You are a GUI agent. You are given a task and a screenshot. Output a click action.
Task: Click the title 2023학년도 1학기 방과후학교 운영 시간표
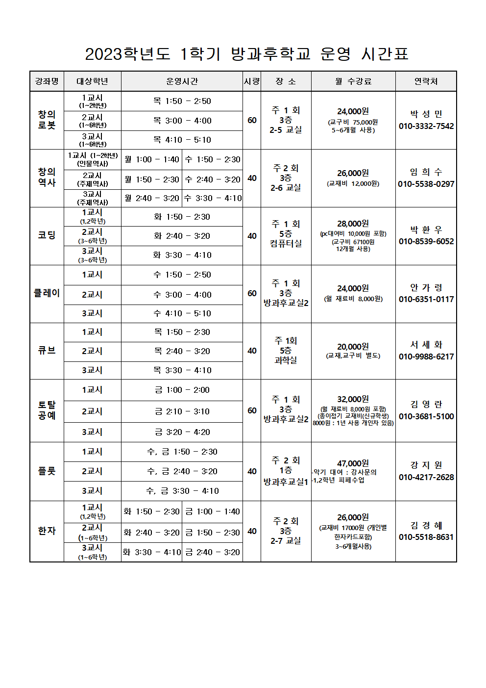point(246,53)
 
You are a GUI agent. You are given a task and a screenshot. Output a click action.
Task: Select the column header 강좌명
point(47,81)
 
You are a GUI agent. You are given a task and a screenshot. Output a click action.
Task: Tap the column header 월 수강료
point(353,81)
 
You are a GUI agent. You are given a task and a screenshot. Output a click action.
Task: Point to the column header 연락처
point(426,81)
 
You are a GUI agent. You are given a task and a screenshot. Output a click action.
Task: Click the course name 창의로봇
point(47,120)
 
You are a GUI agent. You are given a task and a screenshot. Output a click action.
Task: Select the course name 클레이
point(47,293)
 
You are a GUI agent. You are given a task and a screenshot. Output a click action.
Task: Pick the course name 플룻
point(47,471)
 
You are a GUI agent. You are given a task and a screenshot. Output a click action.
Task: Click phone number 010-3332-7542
point(426,126)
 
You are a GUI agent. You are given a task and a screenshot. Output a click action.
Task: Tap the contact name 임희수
point(426,172)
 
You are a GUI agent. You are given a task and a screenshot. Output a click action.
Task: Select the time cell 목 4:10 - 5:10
point(182,140)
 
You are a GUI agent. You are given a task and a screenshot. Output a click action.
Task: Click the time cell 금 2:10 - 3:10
point(182,411)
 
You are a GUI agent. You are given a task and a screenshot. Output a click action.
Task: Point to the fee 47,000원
point(353,463)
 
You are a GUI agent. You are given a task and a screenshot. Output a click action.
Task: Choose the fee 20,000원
point(353,347)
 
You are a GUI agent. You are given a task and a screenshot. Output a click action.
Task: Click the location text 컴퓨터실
point(286,243)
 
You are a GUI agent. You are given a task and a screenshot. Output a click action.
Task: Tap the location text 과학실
point(286,360)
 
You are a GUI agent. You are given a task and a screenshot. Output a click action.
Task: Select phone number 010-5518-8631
point(426,537)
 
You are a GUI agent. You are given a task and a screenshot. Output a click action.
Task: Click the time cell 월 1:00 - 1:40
point(152,159)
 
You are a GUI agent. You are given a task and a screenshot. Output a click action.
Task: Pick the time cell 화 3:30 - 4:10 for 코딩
point(182,255)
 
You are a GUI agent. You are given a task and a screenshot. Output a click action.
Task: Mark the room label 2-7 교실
point(286,541)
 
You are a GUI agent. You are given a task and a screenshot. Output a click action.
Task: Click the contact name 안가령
point(426,287)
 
